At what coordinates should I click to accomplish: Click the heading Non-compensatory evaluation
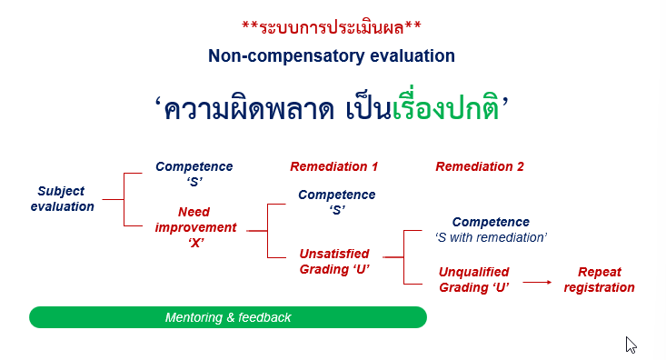coord(332,55)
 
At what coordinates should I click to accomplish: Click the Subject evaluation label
coord(62,199)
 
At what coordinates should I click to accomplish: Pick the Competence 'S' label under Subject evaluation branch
coord(194,174)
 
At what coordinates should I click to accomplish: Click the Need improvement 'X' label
coord(194,227)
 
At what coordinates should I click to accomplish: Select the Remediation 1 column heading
coord(333,166)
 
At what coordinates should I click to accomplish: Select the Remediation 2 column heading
coord(480,166)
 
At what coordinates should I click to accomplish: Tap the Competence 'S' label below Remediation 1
coord(336,202)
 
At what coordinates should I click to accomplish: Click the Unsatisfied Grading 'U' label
coord(335,261)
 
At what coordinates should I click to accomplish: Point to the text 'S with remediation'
coord(491,237)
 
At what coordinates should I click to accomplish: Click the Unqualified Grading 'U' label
coord(473,279)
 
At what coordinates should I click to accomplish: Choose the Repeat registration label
coord(599,279)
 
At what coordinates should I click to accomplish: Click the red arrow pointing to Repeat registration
coord(537,282)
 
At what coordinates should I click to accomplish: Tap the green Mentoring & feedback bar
coord(228,317)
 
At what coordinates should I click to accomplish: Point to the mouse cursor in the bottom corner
coord(630,344)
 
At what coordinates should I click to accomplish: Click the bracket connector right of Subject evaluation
coord(124,199)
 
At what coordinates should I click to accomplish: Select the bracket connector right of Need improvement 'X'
coord(268,231)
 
